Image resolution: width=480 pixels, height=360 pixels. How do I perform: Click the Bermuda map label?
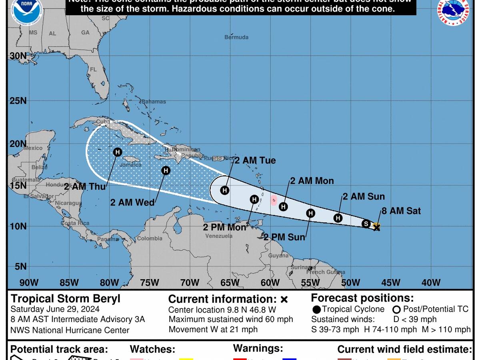click(x=236, y=37)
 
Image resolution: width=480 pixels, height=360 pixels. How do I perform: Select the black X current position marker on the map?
click(x=376, y=227)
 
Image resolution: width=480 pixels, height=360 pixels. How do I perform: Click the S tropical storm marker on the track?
click(x=366, y=224)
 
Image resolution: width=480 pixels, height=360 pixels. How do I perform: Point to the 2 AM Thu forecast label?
click(x=85, y=186)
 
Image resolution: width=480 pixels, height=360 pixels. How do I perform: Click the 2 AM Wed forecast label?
click(x=132, y=202)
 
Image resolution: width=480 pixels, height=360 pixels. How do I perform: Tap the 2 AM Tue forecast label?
click(x=255, y=160)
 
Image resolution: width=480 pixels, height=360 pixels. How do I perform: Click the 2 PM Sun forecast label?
click(x=284, y=237)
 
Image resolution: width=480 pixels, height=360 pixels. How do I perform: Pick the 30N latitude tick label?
click(x=18, y=56)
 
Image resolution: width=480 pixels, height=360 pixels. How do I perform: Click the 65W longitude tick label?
click(x=230, y=283)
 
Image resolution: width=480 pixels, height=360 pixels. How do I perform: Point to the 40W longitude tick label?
click(x=431, y=283)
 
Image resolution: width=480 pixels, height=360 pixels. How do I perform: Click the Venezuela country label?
click(x=219, y=236)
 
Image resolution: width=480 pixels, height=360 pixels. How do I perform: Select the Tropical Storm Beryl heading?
click(x=65, y=299)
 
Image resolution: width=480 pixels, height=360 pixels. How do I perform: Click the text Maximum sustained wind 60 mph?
click(x=231, y=319)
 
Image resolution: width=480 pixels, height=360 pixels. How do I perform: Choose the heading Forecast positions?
click(x=362, y=298)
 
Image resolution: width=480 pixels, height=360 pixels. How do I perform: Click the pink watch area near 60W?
click(x=274, y=200)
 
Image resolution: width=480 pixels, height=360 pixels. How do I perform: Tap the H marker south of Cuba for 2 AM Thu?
click(x=117, y=152)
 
